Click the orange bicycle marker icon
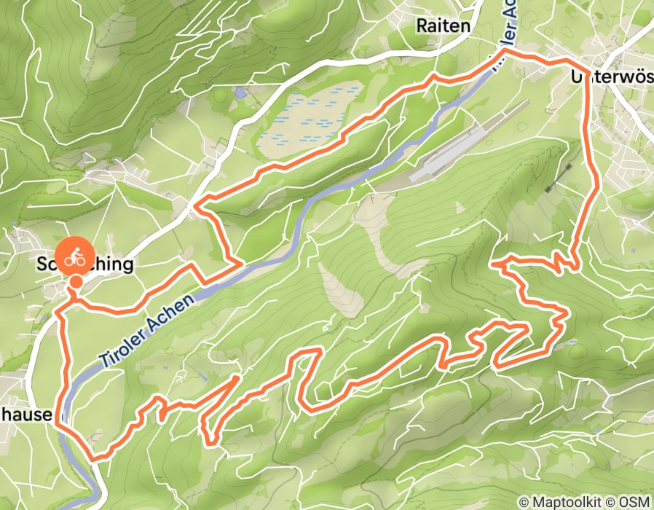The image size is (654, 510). click(x=74, y=258)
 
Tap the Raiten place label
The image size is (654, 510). click(x=444, y=25)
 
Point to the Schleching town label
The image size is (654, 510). click(x=86, y=264)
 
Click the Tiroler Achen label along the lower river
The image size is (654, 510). click(x=146, y=328)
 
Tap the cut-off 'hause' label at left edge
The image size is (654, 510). click(x=26, y=415)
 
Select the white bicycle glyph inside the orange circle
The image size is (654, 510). click(x=74, y=257)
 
